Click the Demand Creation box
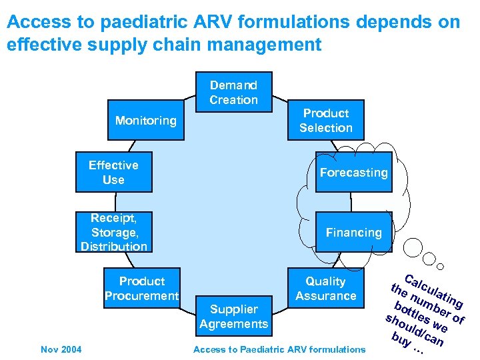click(233, 92)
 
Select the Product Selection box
click(325, 121)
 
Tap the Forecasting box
click(353, 173)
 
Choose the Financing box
click(353, 233)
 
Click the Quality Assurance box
click(325, 289)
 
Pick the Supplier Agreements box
click(233, 317)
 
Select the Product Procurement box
click(141, 289)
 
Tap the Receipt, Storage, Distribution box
click(113, 233)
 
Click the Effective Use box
click(113, 173)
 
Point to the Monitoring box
click(145, 121)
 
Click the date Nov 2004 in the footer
click(61, 349)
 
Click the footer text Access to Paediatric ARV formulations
click(279, 349)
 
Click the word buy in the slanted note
click(400, 339)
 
